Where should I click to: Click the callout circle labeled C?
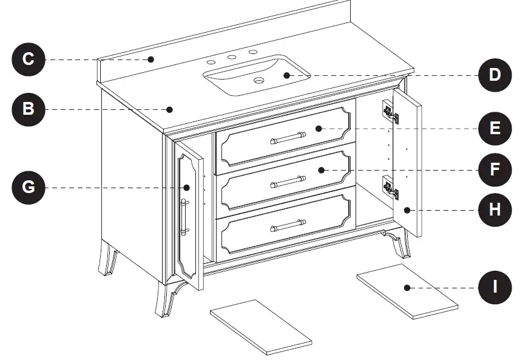click(29, 59)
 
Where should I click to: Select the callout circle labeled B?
click(29, 109)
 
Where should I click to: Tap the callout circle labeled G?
click(29, 187)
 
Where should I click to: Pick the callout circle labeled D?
click(495, 75)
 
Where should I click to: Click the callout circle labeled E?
click(495, 128)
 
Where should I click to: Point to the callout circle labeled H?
click(495, 210)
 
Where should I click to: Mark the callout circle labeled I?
click(495, 287)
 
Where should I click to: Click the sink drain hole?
click(259, 80)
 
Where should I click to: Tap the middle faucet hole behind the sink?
click(231, 58)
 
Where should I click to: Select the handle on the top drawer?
click(287, 138)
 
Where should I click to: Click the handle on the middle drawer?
click(287, 182)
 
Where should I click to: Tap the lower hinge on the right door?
click(390, 189)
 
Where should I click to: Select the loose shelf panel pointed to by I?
click(407, 291)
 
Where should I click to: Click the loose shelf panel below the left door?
click(261, 327)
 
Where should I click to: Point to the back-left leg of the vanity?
click(108, 257)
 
